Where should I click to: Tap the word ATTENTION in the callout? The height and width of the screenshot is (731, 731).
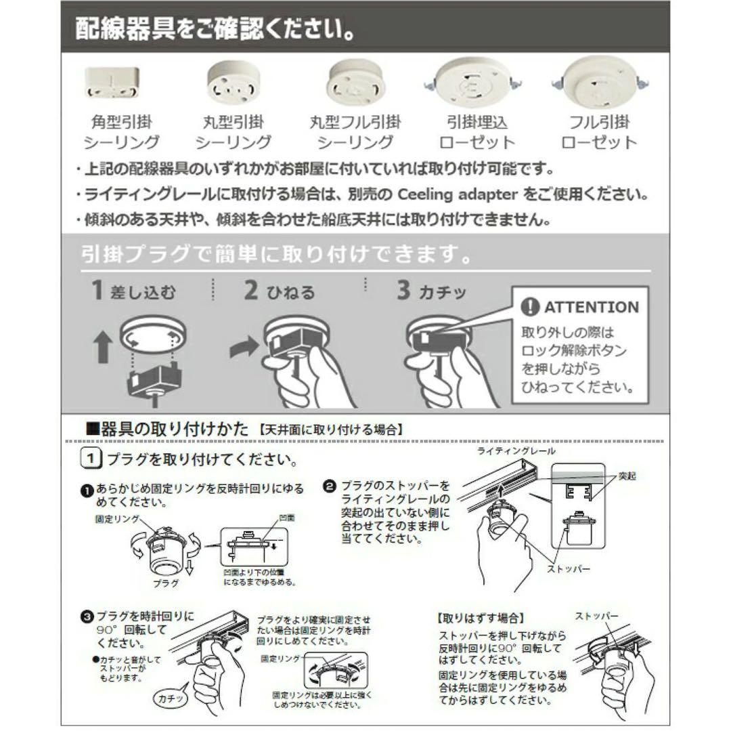[x=591, y=308]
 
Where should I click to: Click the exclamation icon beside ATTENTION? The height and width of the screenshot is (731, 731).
[x=530, y=308]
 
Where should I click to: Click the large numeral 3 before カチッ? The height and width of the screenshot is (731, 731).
[x=403, y=291]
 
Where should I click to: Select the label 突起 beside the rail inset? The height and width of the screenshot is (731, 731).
[x=627, y=476]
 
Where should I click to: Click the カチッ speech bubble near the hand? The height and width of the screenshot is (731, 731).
[x=173, y=697]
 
